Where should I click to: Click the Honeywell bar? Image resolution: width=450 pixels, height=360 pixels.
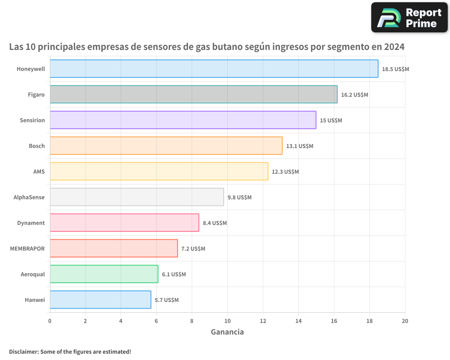click(x=214, y=69)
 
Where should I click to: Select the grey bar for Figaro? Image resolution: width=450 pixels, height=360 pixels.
click(x=193, y=94)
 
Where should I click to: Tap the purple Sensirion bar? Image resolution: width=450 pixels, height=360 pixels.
click(x=183, y=120)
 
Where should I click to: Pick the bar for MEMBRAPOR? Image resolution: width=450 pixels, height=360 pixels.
click(x=113, y=248)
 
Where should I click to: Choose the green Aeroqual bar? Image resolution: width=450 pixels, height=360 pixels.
click(x=103, y=274)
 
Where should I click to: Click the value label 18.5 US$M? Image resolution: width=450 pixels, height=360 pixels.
click(x=395, y=69)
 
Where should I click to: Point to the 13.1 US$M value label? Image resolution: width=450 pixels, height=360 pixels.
click(x=299, y=146)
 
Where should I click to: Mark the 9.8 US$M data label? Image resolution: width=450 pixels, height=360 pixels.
click(x=239, y=198)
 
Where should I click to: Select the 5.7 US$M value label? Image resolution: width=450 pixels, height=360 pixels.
click(x=166, y=300)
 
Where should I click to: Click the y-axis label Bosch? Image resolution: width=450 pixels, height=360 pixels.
click(x=36, y=146)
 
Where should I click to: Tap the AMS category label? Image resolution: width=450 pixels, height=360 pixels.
click(x=39, y=172)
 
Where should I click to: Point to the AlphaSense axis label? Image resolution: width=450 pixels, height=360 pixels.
click(x=29, y=198)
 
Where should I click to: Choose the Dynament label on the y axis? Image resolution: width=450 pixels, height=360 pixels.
click(x=31, y=223)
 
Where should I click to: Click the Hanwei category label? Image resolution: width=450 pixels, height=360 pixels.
click(x=35, y=300)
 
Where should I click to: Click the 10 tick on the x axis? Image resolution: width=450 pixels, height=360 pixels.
click(x=227, y=321)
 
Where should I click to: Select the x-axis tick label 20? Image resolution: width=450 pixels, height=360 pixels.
click(x=405, y=321)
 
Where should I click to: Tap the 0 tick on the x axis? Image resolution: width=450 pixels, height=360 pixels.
click(x=50, y=321)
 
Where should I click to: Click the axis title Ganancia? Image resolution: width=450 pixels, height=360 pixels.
click(x=227, y=332)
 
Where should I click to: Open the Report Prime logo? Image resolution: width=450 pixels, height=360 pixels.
click(x=409, y=18)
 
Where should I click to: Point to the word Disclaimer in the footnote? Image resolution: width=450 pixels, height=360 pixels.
click(x=23, y=351)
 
